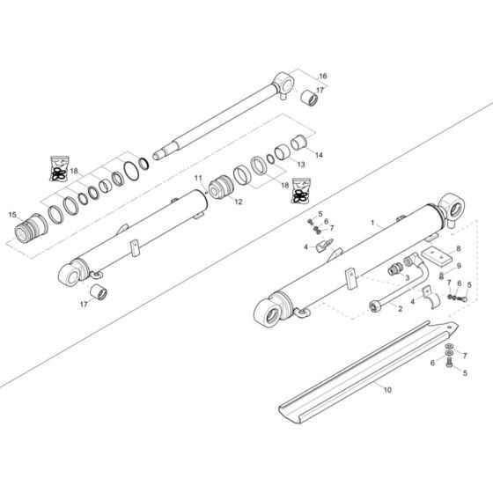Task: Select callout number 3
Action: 407,277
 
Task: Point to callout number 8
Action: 458,250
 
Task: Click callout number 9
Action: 458,266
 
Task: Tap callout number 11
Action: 199,179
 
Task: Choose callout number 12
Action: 239,202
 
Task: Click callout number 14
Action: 319,156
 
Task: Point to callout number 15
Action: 12,215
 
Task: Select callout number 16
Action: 322,77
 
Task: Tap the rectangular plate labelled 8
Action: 434,256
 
